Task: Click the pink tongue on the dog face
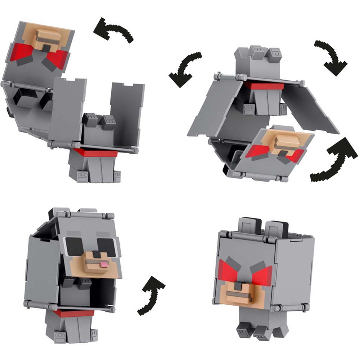(x=104, y=265)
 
